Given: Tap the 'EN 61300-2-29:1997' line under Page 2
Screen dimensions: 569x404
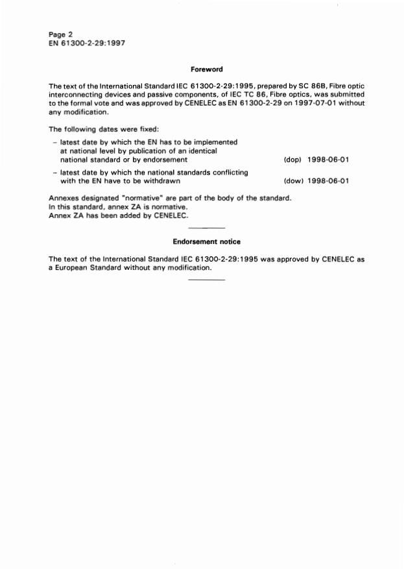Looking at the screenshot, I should click(86, 43).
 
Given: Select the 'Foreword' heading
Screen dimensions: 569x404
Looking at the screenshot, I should click(207, 69).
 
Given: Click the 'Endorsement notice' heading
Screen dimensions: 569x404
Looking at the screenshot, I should click(207, 241).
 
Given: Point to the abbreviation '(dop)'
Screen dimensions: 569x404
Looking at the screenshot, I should click(294, 160).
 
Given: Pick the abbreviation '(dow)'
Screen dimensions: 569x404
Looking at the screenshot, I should click(294, 182).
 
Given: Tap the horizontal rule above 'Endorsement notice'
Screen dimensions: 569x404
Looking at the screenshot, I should click(207, 228).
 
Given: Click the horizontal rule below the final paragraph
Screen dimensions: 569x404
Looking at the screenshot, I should click(207, 280).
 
